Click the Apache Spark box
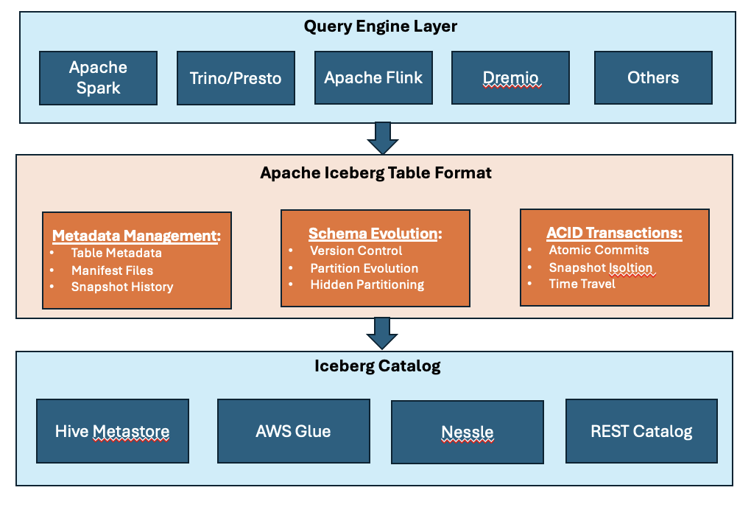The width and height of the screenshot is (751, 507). (98, 77)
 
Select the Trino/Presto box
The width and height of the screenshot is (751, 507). (236, 77)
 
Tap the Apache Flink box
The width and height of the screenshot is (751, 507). (373, 77)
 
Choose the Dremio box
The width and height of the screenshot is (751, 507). (511, 77)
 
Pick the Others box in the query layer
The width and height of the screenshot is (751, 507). (653, 77)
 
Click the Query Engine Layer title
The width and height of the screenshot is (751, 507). (381, 27)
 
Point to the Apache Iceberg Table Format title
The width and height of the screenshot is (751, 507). (375, 173)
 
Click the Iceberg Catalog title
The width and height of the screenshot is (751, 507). (377, 366)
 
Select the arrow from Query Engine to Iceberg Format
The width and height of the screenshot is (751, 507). (382, 138)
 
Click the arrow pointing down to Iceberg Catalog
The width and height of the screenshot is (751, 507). (382, 334)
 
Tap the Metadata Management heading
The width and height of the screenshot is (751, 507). (136, 236)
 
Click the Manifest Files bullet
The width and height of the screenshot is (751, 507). (112, 270)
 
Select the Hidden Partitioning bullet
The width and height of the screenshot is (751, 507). (367, 284)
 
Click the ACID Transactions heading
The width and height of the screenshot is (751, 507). (614, 233)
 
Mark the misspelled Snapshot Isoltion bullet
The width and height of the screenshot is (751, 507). (600, 268)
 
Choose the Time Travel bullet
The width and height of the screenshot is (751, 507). (582, 284)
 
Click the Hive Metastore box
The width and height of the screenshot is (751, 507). (113, 431)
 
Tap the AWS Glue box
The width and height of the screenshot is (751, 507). (293, 431)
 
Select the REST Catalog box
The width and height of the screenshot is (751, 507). (641, 431)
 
